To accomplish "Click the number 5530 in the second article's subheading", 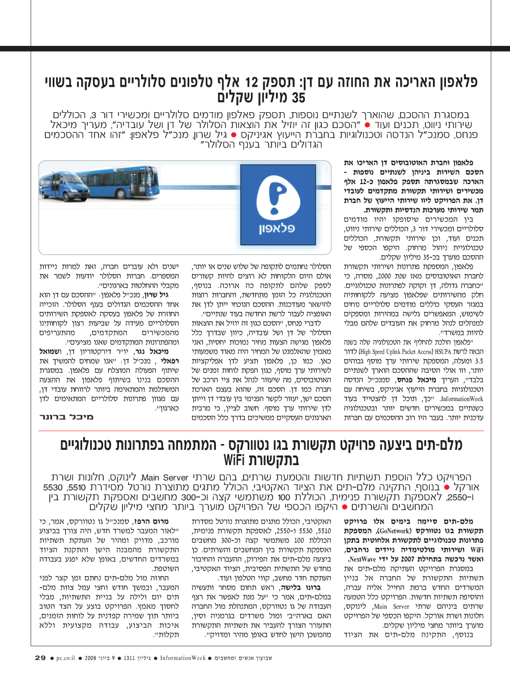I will pyautogui.click(x=54, y=487).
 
